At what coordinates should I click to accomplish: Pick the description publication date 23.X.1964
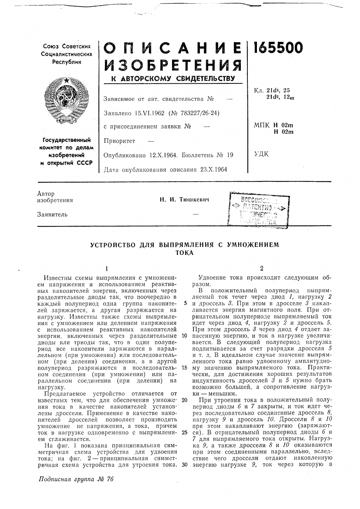coord(211,169)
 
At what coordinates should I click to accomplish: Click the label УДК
coord(261,154)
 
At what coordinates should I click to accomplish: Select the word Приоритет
coord(119,141)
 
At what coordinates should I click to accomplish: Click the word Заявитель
coord(52,214)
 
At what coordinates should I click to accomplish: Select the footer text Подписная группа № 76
coord(76,479)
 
